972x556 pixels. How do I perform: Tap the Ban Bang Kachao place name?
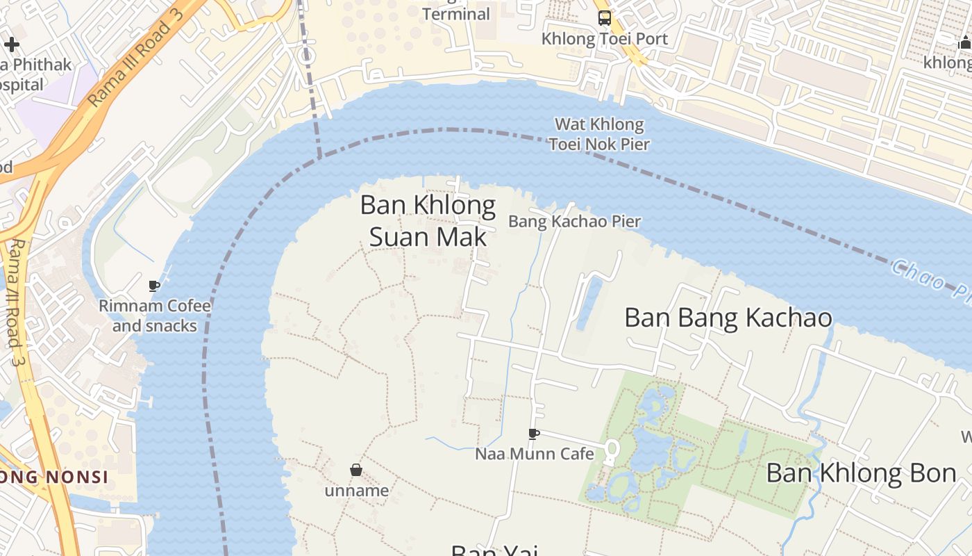click(x=728, y=318)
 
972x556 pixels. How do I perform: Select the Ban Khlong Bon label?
click(x=861, y=473)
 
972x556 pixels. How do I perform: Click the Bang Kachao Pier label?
click(x=574, y=222)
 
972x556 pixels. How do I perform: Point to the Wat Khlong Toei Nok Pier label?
click(x=599, y=135)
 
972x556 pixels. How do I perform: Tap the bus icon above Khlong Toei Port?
click(x=605, y=18)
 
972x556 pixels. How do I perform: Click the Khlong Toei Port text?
click(x=604, y=39)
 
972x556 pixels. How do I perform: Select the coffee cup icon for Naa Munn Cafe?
click(x=533, y=434)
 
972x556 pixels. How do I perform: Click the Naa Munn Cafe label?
click(x=534, y=454)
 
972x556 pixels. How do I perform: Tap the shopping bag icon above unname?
click(x=356, y=471)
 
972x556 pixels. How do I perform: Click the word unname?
click(x=356, y=491)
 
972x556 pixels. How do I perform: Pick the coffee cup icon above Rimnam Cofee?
click(x=154, y=286)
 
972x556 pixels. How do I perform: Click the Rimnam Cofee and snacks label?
click(x=155, y=316)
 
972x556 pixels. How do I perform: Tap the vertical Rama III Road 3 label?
click(x=17, y=302)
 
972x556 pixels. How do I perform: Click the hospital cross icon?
click(x=11, y=45)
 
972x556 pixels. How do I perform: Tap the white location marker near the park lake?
click(x=611, y=452)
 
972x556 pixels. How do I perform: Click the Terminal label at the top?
click(x=455, y=14)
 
